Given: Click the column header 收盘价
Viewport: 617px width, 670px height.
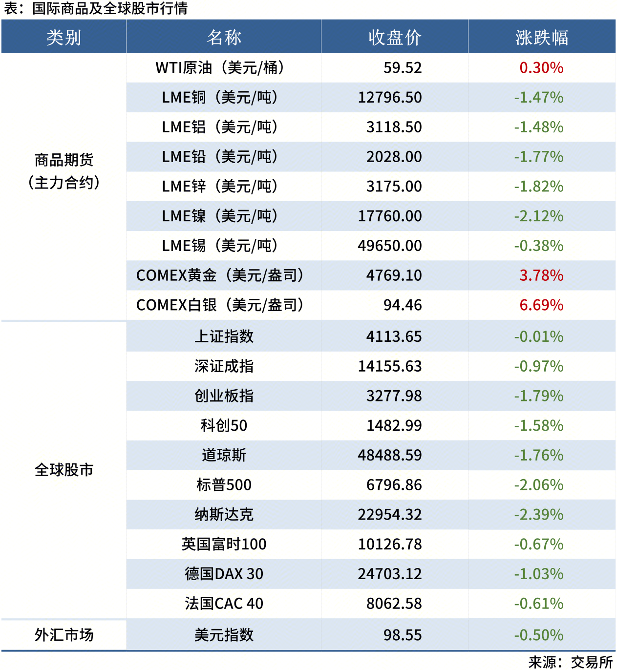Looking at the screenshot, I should tap(395, 38).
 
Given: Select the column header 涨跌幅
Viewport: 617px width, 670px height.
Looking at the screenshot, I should tap(541, 38).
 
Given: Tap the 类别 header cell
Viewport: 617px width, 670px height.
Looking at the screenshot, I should tap(64, 38).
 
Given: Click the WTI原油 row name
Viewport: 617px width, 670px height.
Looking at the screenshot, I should tap(219, 68).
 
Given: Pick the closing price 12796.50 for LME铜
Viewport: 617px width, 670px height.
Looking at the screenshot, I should tap(390, 98).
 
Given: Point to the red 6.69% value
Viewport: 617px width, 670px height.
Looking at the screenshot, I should tap(541, 305).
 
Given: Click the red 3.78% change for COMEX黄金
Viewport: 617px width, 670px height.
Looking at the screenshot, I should tap(541, 275).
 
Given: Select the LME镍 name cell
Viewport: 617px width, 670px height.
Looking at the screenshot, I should tap(219, 216).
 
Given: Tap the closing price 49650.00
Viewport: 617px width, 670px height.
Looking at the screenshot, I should tap(390, 246).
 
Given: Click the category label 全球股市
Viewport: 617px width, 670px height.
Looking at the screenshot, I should tap(64, 470).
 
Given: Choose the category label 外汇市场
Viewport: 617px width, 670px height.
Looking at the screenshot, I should tap(64, 635).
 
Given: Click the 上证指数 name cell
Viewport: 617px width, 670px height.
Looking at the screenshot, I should tap(224, 336).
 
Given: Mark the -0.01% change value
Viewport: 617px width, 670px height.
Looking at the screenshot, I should tap(539, 336).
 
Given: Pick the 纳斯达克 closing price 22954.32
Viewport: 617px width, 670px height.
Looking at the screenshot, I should tap(390, 515).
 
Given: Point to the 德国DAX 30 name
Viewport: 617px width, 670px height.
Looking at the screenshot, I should tap(224, 574).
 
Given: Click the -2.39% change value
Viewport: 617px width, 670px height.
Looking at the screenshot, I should tap(539, 515).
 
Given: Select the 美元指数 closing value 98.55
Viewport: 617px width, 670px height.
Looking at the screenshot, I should tap(403, 635).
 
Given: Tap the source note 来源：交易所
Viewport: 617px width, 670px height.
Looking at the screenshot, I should tap(570, 662).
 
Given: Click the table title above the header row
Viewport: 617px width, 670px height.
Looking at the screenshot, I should tap(96, 8).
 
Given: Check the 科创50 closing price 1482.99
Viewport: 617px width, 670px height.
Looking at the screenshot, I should tap(394, 426).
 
